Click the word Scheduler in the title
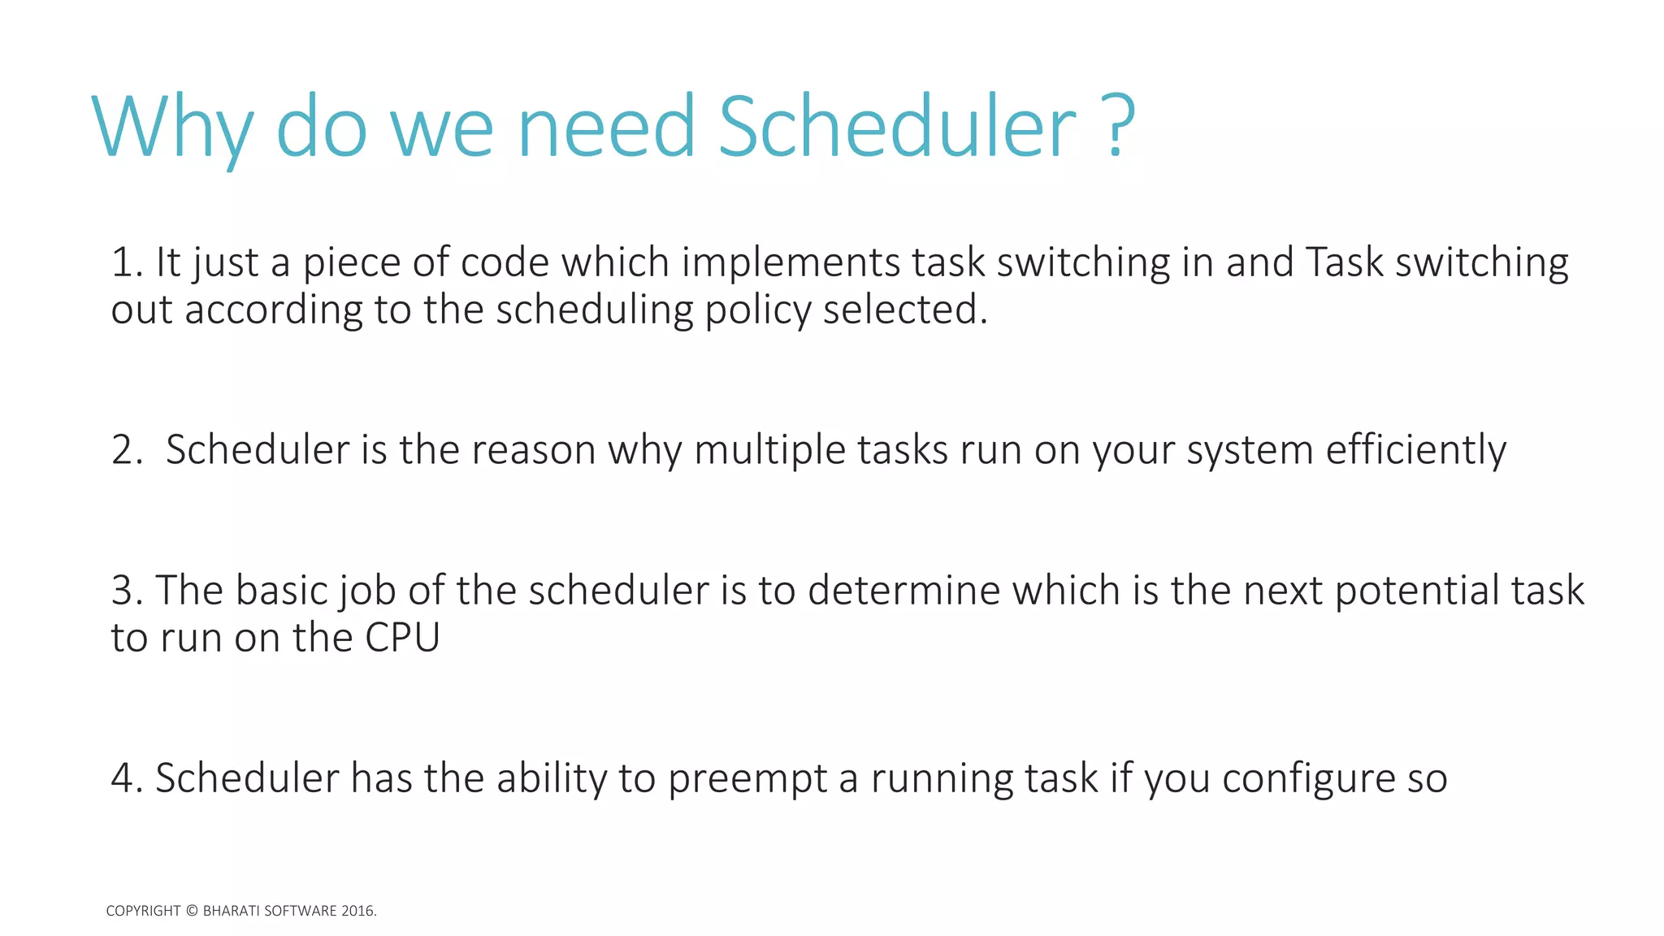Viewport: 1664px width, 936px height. pos(897,128)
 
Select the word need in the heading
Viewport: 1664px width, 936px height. pos(606,128)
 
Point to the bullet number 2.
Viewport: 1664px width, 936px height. pos(125,450)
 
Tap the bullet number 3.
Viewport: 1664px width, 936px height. pos(125,591)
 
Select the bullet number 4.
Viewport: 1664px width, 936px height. pos(125,778)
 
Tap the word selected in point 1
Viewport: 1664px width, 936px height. pos(903,310)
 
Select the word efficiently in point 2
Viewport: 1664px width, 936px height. pos(1415,450)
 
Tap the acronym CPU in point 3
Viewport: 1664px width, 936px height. pos(402,638)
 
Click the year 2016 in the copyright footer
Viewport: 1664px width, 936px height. pos(357,911)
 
